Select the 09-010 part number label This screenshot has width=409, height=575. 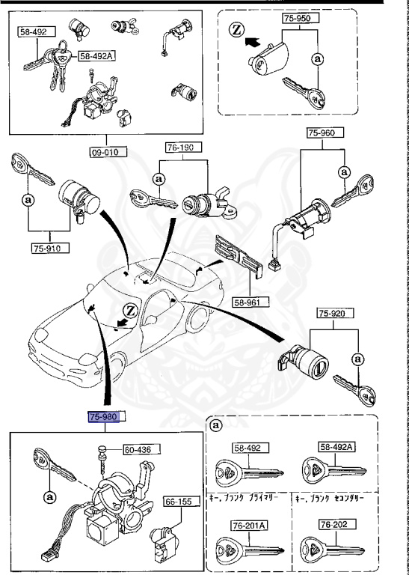point(106,151)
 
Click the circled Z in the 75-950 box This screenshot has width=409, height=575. point(236,31)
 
